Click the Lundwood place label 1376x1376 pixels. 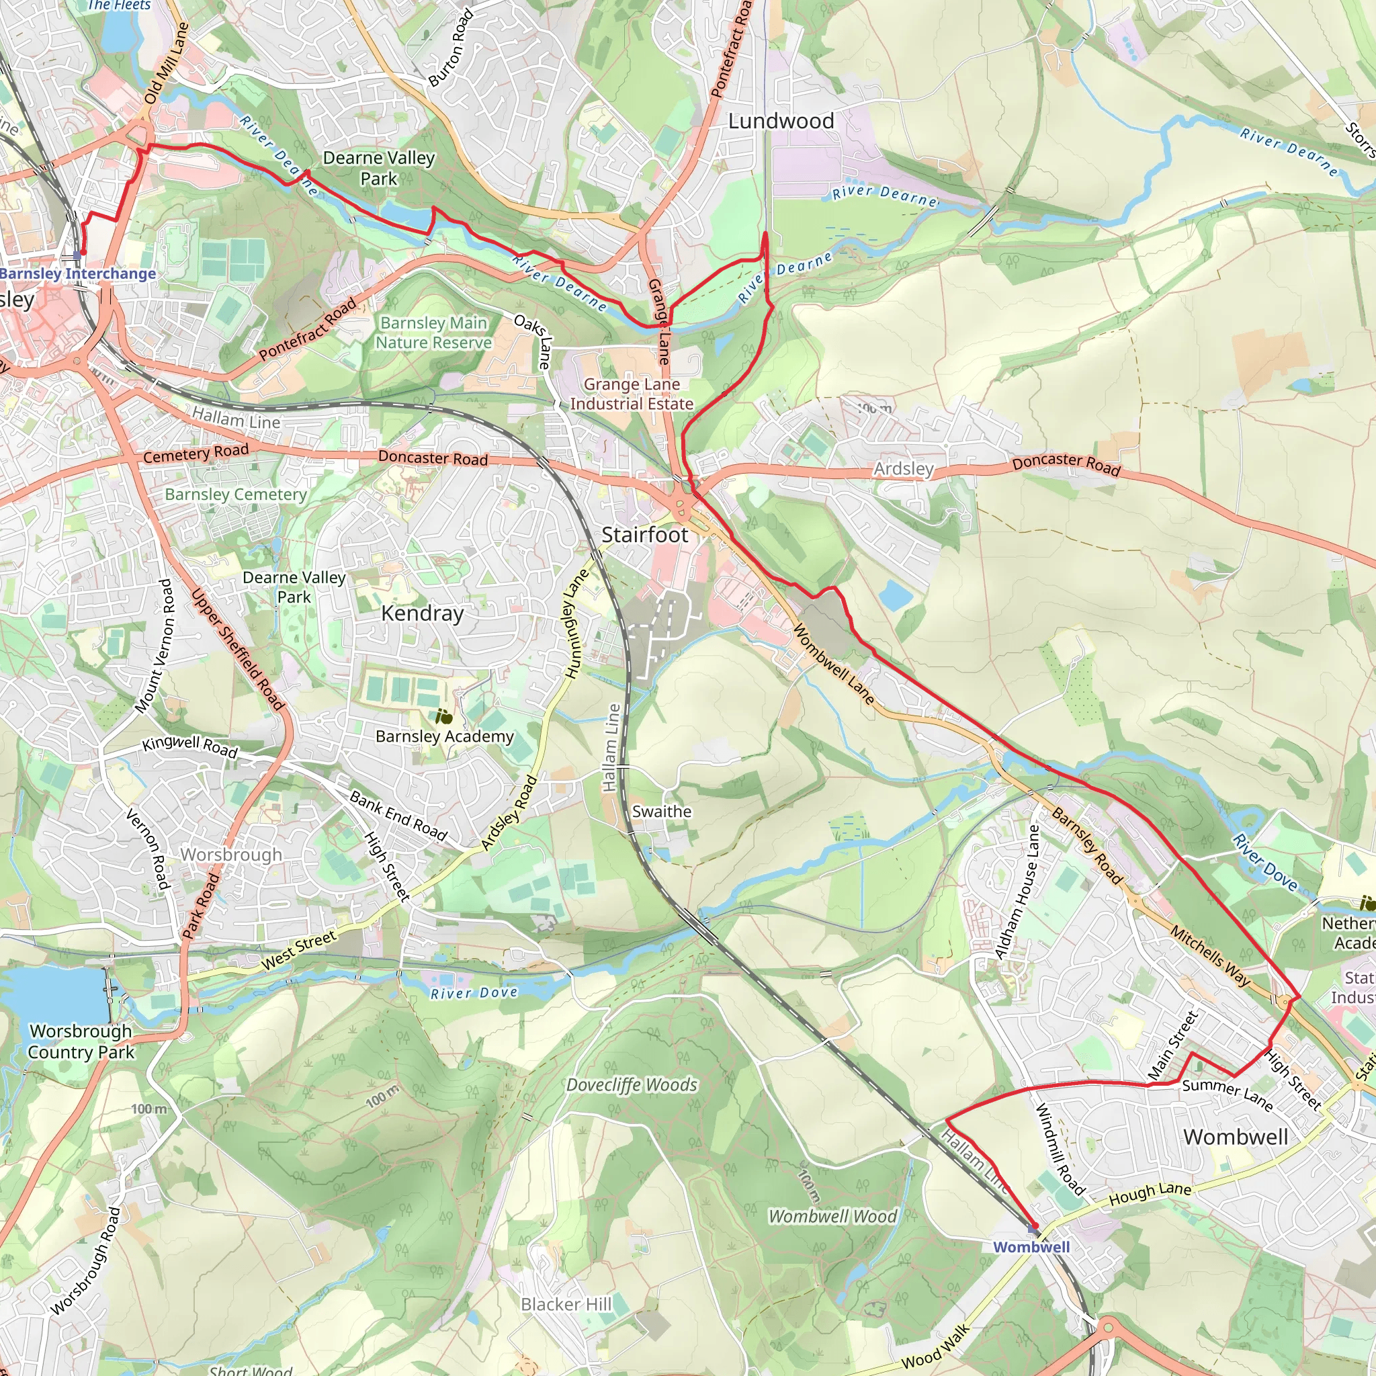pos(781,121)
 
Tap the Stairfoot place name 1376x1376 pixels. pos(644,535)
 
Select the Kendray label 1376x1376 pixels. pos(423,613)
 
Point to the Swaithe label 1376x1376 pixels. pos(662,811)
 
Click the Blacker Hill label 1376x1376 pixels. pos(566,1304)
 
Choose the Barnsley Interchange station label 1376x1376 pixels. pos(78,273)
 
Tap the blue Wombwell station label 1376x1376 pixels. pos(1031,1247)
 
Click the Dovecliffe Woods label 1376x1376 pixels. pos(631,1084)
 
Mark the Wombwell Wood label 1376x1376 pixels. pos(832,1217)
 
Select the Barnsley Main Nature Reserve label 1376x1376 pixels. pos(434,333)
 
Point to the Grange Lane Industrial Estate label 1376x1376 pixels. pos(632,394)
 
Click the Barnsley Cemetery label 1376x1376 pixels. pos(236,494)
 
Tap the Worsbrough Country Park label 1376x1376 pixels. pos(81,1041)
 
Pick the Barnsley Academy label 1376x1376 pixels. pos(444,736)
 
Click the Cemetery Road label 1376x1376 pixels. pos(196,453)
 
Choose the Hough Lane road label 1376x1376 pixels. pos(1150,1195)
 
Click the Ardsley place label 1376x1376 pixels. pos(903,469)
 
